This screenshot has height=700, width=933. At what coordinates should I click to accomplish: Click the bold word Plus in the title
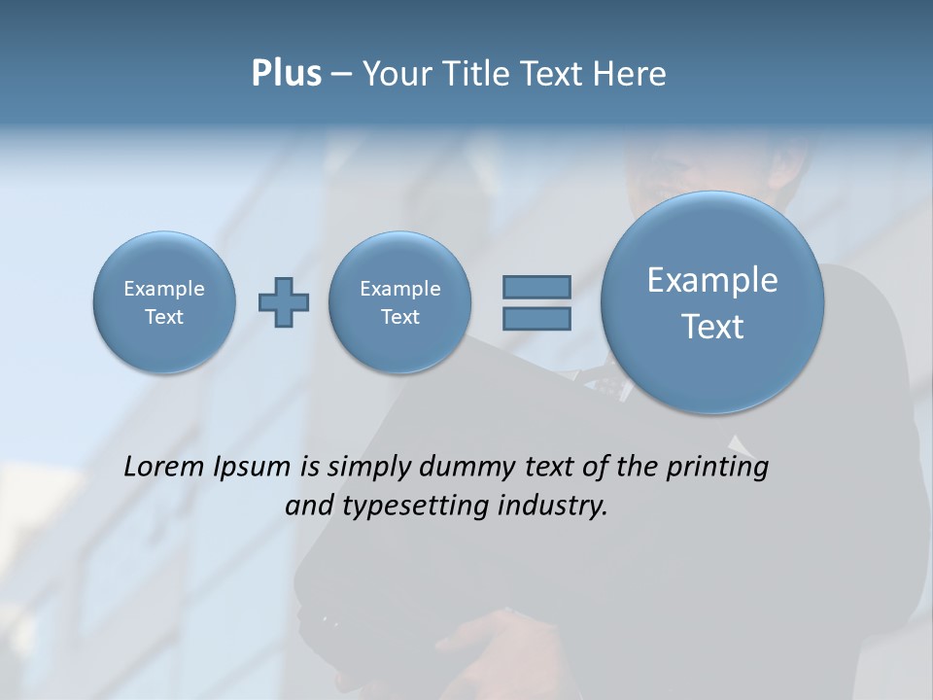[x=286, y=74]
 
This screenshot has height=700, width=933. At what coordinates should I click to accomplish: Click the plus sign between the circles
[x=284, y=302]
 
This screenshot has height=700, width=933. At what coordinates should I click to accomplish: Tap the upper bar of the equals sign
[x=536, y=287]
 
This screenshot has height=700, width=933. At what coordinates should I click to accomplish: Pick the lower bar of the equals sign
[x=536, y=318]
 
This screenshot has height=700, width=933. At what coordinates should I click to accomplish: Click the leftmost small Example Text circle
[x=164, y=301]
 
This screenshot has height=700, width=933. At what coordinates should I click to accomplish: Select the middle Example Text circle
[x=399, y=301]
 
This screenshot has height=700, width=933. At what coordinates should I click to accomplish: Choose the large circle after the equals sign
[x=712, y=302]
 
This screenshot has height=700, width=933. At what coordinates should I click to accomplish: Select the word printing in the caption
[x=717, y=468]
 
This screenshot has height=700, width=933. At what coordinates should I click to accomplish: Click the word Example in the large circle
[x=712, y=280]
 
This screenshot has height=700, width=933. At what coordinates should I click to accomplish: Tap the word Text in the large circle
[x=712, y=327]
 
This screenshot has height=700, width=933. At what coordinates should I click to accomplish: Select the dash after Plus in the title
[x=341, y=75]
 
